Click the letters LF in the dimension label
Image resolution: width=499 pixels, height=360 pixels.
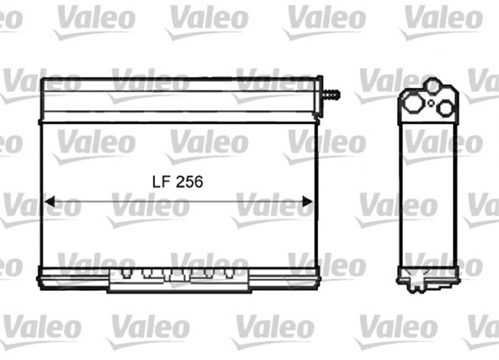(x=160, y=182)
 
